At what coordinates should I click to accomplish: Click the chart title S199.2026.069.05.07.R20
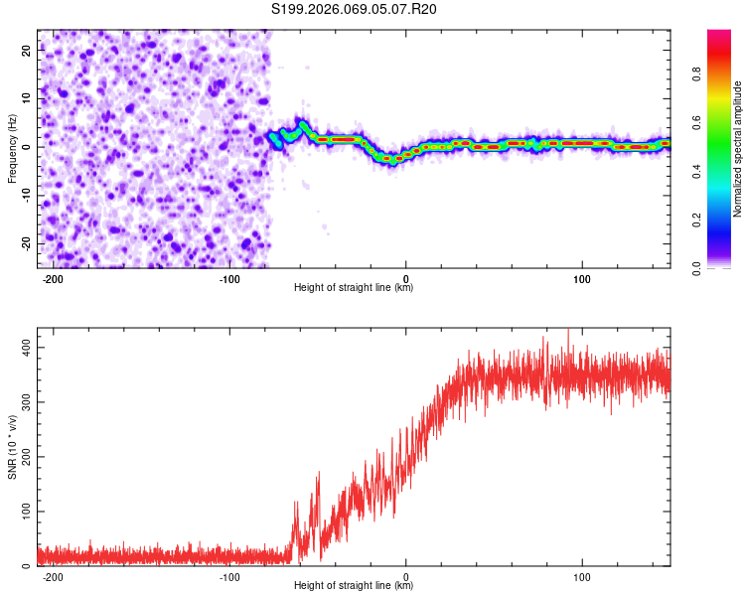pyautogui.click(x=354, y=9)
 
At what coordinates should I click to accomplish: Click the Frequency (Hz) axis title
pyautogui.click(x=12, y=147)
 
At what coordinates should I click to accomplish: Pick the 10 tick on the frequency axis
pyautogui.click(x=27, y=97)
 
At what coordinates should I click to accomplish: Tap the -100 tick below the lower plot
pyautogui.click(x=229, y=577)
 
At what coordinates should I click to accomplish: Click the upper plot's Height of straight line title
pyautogui.click(x=354, y=288)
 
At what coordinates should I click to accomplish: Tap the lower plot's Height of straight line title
pyautogui.click(x=354, y=586)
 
